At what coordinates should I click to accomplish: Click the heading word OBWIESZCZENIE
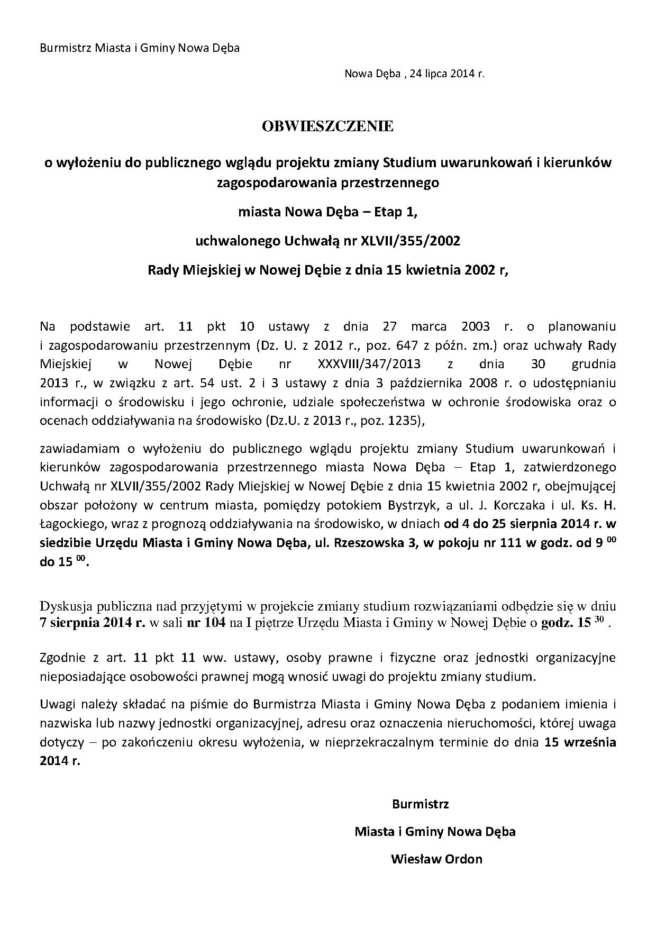[327, 126]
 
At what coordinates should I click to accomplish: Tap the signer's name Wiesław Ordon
[436, 858]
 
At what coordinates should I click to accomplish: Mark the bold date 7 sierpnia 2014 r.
[92, 622]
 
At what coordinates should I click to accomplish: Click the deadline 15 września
[580, 742]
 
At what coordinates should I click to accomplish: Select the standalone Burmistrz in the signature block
[420, 804]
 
